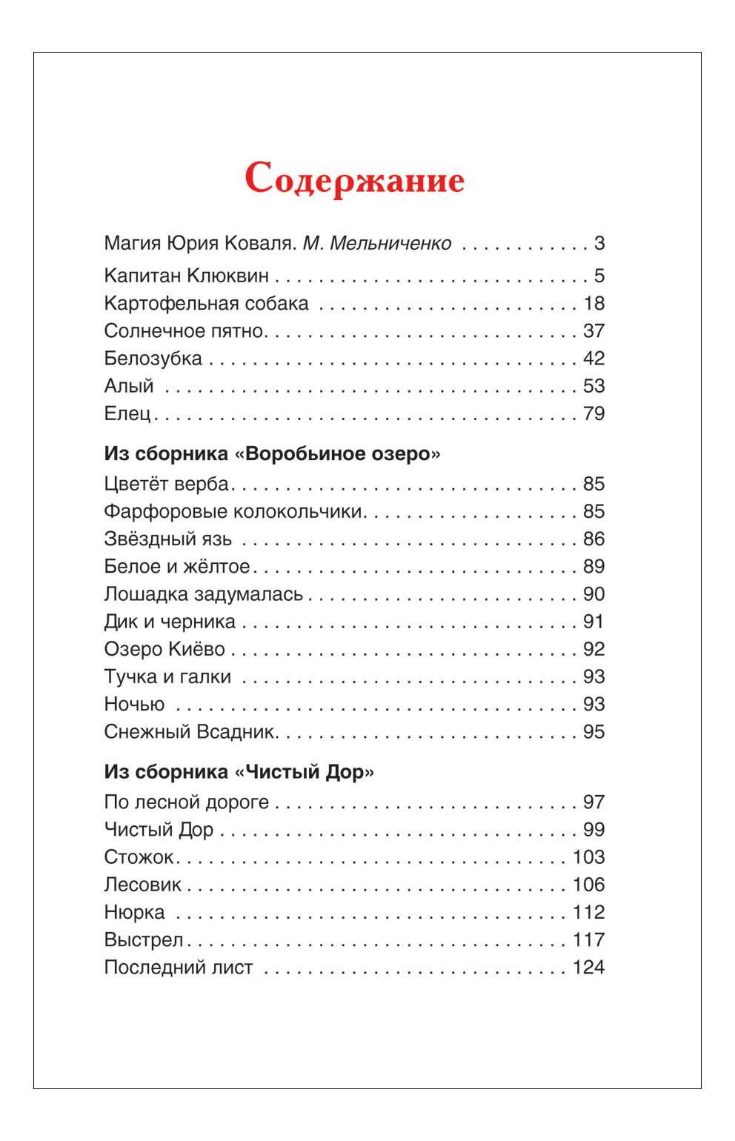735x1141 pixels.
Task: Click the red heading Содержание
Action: point(354,179)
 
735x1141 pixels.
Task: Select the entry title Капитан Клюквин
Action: point(186,276)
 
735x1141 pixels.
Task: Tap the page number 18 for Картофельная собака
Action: point(593,304)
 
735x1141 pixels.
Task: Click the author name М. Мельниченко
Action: point(376,243)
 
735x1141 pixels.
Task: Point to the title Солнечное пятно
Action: point(184,331)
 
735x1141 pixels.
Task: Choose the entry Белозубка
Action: point(153,359)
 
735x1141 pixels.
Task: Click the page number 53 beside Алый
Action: point(593,386)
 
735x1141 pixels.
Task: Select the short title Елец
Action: point(127,413)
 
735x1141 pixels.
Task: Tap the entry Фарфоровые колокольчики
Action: point(233,511)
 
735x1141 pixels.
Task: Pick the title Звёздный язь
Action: point(167,539)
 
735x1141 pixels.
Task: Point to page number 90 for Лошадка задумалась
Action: point(593,594)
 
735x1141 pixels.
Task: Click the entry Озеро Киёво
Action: point(164,649)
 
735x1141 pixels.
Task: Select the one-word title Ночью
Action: point(134,704)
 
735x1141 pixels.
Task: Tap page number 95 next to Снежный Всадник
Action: point(593,732)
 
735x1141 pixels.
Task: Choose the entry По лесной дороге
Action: point(186,802)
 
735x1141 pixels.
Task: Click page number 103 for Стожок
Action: point(588,857)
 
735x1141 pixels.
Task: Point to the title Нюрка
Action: point(134,912)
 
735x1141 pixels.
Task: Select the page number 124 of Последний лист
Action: point(588,968)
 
